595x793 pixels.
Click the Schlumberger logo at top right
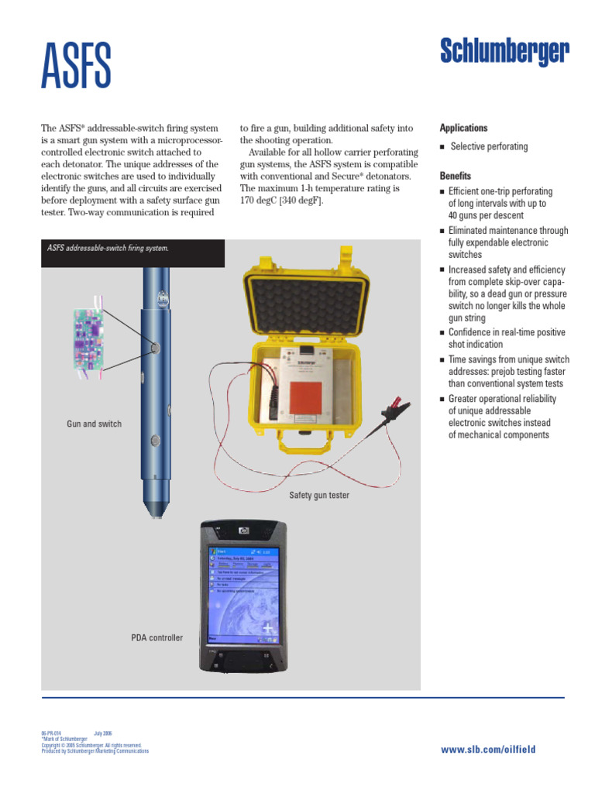[504, 53]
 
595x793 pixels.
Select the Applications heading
[463, 128]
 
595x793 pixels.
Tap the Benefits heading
[455, 176]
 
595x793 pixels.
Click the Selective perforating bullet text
[489, 146]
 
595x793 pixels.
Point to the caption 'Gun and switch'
[94, 424]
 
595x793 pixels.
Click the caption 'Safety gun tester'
[319, 495]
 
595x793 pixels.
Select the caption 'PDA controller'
[156, 637]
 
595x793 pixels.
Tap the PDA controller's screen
[243, 592]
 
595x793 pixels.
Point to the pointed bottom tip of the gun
[155, 512]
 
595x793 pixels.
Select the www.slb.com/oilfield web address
[488, 750]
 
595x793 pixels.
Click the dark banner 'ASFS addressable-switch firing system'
[132, 249]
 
